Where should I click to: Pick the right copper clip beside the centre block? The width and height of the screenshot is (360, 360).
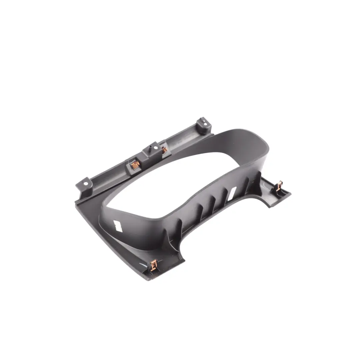[x=164, y=150]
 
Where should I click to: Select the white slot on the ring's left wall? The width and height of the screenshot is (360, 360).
[x=118, y=226]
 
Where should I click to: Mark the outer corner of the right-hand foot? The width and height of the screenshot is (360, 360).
[x=290, y=193]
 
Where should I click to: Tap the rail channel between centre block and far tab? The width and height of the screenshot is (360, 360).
[x=183, y=140]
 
